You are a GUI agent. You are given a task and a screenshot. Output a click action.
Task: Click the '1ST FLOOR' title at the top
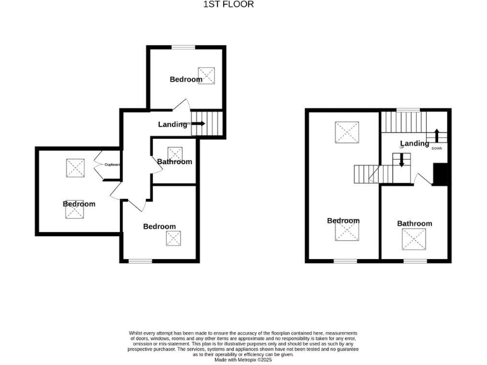(x=228, y=4)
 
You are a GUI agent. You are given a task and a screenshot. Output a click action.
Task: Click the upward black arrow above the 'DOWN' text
(x=436, y=136)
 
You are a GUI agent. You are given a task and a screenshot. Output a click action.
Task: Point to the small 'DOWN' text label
(x=436, y=148)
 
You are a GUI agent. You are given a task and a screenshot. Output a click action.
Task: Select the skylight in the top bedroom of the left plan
(x=206, y=75)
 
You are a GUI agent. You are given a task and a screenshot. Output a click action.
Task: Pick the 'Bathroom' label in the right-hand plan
(x=414, y=224)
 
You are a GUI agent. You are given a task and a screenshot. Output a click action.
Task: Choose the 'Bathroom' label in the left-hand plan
(x=174, y=162)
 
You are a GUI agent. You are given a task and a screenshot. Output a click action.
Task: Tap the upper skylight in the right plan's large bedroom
(x=346, y=132)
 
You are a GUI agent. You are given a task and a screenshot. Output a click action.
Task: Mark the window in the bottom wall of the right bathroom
(x=415, y=260)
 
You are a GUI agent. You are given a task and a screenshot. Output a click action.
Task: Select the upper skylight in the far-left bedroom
(x=75, y=167)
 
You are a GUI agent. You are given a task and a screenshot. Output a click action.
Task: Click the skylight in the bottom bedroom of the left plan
(x=173, y=238)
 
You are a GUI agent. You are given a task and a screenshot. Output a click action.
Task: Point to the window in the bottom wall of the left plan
(x=141, y=260)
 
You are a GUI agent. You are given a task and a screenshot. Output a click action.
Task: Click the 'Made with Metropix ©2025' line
(x=243, y=359)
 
